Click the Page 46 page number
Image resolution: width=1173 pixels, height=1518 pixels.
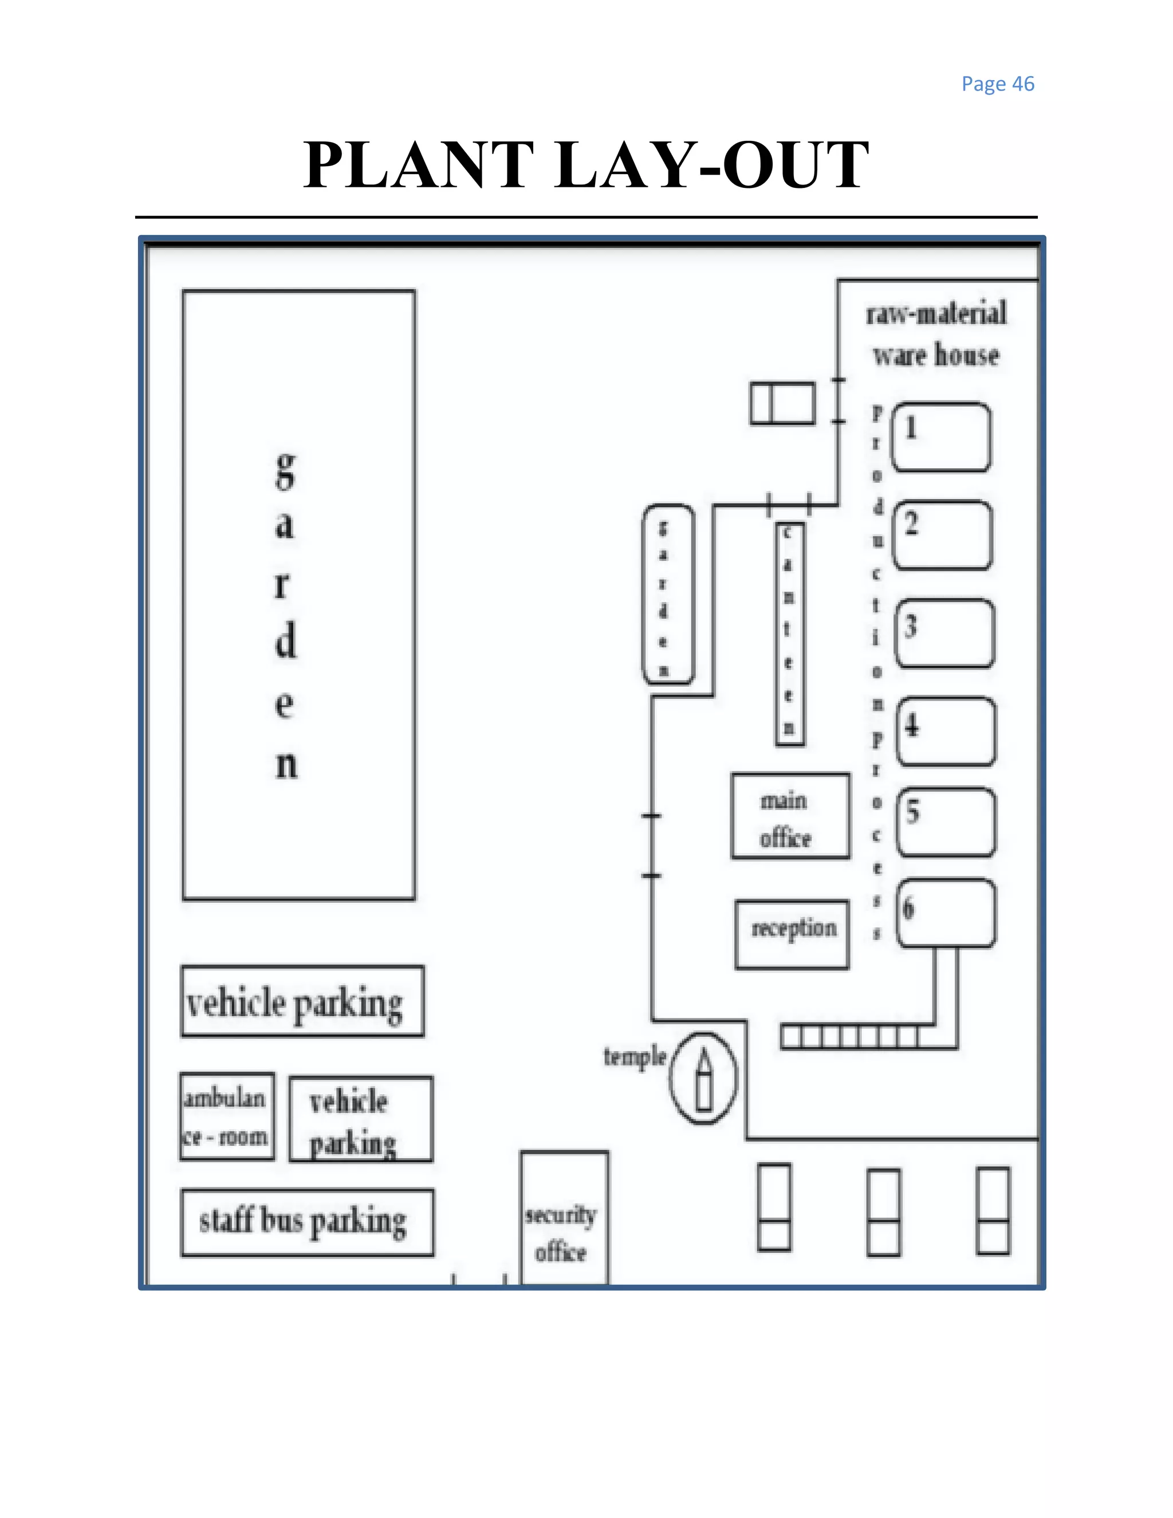click(997, 84)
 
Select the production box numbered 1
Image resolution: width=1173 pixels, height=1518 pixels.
click(941, 437)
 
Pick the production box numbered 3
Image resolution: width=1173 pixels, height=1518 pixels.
click(944, 633)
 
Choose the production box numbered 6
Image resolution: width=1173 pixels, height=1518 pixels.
click(946, 913)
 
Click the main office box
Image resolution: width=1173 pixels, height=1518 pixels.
click(790, 816)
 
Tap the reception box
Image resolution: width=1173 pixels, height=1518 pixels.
click(792, 934)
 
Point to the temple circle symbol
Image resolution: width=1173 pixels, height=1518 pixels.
click(703, 1078)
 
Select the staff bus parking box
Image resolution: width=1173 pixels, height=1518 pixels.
click(307, 1222)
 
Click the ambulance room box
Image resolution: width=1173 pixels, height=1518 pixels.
click(227, 1117)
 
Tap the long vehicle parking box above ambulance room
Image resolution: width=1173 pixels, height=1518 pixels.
click(302, 1001)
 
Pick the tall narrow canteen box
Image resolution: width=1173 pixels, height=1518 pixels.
click(789, 634)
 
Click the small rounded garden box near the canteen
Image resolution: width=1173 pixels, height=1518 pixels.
click(667, 594)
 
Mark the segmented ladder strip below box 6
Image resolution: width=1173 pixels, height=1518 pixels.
click(849, 1038)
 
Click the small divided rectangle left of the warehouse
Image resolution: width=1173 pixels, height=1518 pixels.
click(782, 403)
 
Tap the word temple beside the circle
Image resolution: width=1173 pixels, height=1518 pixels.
click(635, 1057)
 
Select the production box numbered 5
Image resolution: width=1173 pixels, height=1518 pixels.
click(945, 821)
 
